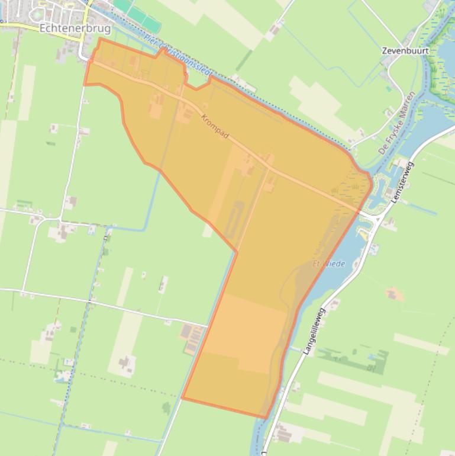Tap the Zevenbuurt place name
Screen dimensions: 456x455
click(405, 51)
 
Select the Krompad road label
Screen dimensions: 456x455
click(215, 127)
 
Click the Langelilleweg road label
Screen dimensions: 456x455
click(314, 331)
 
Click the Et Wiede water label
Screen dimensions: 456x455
click(329, 264)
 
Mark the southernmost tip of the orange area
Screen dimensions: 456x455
click(265, 418)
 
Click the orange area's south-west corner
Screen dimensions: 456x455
click(182, 399)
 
